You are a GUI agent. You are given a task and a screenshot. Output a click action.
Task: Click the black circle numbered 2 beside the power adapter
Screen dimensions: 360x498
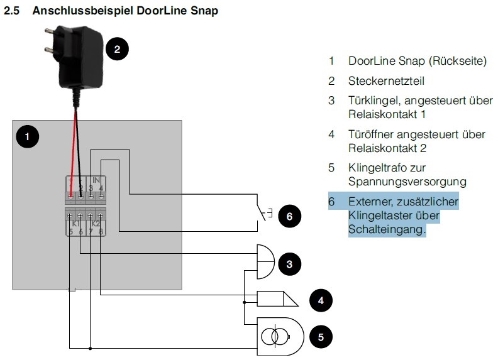[117, 48]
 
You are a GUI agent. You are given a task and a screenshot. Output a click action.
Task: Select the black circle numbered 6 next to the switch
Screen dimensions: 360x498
[289, 217]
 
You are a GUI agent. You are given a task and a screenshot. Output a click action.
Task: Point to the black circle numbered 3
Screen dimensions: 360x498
[289, 264]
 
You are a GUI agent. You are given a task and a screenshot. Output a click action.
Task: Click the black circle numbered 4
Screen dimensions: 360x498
[321, 300]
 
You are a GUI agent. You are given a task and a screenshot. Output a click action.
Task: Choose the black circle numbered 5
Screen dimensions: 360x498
[321, 337]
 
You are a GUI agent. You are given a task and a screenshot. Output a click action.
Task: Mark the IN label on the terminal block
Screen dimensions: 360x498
[96, 180]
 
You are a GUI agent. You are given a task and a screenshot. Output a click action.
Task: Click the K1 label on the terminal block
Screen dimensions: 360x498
[74, 224]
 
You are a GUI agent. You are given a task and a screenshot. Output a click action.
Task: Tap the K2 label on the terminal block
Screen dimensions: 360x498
[96, 224]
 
